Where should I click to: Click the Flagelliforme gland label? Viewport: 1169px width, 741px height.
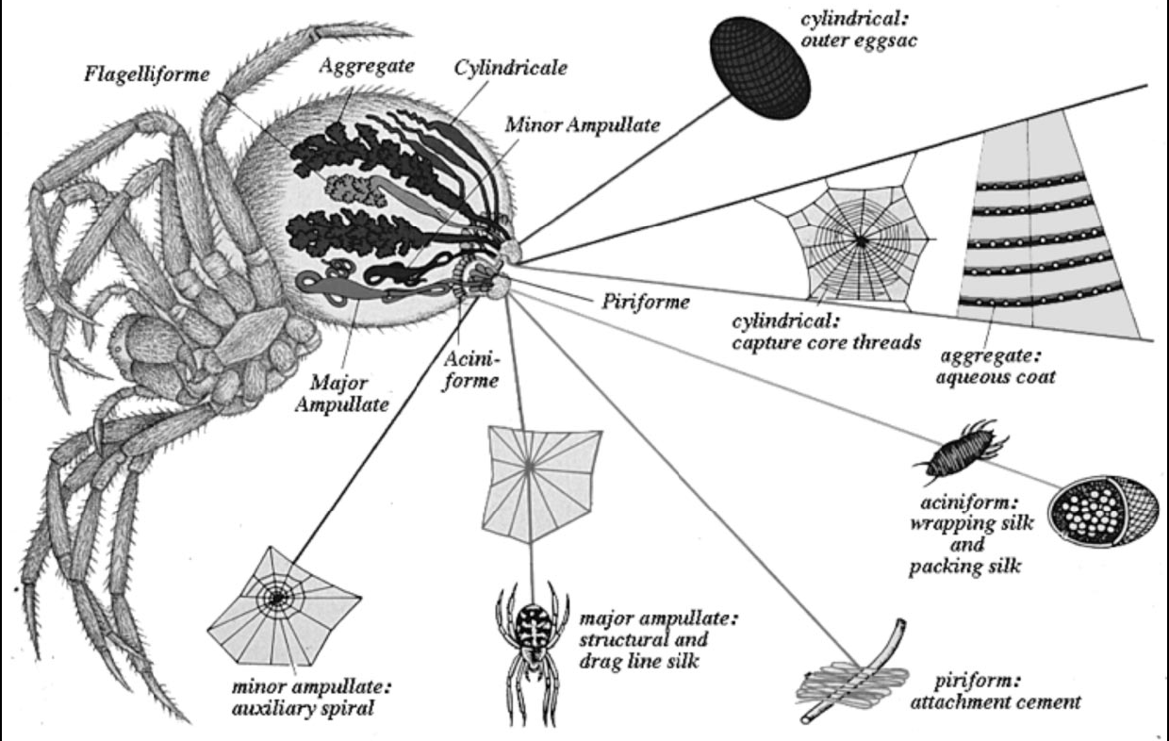(x=147, y=74)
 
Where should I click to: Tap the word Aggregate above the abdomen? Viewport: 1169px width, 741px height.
(x=367, y=66)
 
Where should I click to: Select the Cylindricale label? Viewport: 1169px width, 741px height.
(x=510, y=68)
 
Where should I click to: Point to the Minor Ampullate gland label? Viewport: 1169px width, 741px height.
(x=583, y=125)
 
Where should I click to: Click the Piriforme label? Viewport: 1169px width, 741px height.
(x=646, y=302)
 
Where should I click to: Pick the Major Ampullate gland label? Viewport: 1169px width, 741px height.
(x=342, y=393)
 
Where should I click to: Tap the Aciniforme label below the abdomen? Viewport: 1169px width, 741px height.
(x=471, y=370)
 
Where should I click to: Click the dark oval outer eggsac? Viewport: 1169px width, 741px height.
(x=762, y=68)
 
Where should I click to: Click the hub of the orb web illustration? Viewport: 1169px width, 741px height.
(x=860, y=241)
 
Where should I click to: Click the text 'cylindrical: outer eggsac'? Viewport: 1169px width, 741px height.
(x=859, y=30)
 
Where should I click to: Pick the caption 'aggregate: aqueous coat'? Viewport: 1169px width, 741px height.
(x=996, y=367)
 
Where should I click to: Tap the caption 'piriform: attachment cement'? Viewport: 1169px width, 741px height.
(x=996, y=692)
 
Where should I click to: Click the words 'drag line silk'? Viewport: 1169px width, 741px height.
(x=639, y=661)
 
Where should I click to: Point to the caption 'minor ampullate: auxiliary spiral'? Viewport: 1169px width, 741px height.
(x=311, y=698)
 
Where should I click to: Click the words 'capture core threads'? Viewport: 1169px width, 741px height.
(x=826, y=342)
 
